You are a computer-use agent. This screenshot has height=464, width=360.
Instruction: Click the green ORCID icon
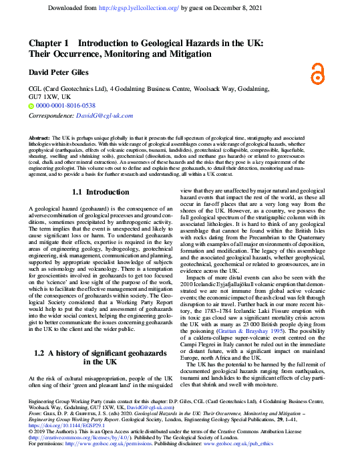coord(31,106)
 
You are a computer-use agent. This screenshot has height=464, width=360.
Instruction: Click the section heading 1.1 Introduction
coord(100,193)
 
